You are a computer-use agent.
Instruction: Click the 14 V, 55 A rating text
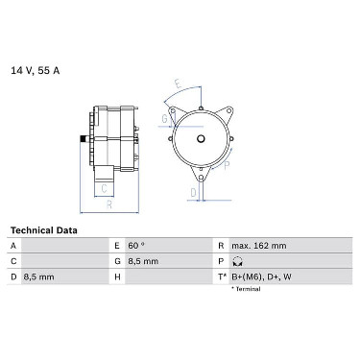(36, 71)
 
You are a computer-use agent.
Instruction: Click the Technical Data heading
(44, 230)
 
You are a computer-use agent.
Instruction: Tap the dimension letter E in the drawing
(179, 84)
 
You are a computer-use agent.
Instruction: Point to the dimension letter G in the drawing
(164, 119)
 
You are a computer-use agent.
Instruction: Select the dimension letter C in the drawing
(104, 188)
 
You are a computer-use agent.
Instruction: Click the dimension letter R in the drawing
(109, 204)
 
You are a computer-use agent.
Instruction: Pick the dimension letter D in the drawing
(193, 193)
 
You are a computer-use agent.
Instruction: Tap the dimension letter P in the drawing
(227, 165)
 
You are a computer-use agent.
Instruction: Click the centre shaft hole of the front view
(201, 138)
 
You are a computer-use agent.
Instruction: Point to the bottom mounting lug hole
(201, 178)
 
